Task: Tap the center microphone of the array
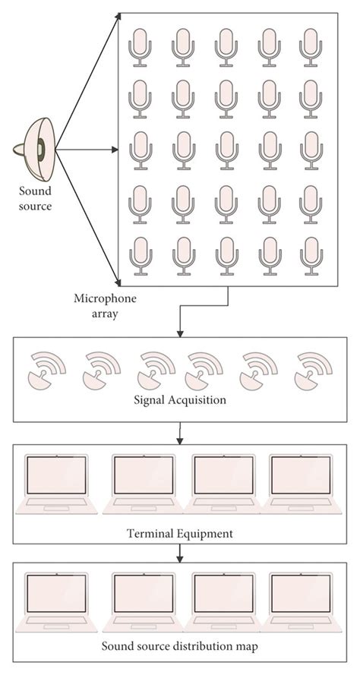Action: click(x=226, y=151)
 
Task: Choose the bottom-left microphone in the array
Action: click(x=141, y=254)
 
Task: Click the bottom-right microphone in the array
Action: click(x=311, y=254)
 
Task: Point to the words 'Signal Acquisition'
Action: click(x=180, y=397)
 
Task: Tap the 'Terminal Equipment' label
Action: click(x=180, y=533)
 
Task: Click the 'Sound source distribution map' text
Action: click(x=180, y=648)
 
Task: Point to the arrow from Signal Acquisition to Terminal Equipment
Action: click(x=180, y=434)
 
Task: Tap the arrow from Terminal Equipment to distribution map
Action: click(x=180, y=553)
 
